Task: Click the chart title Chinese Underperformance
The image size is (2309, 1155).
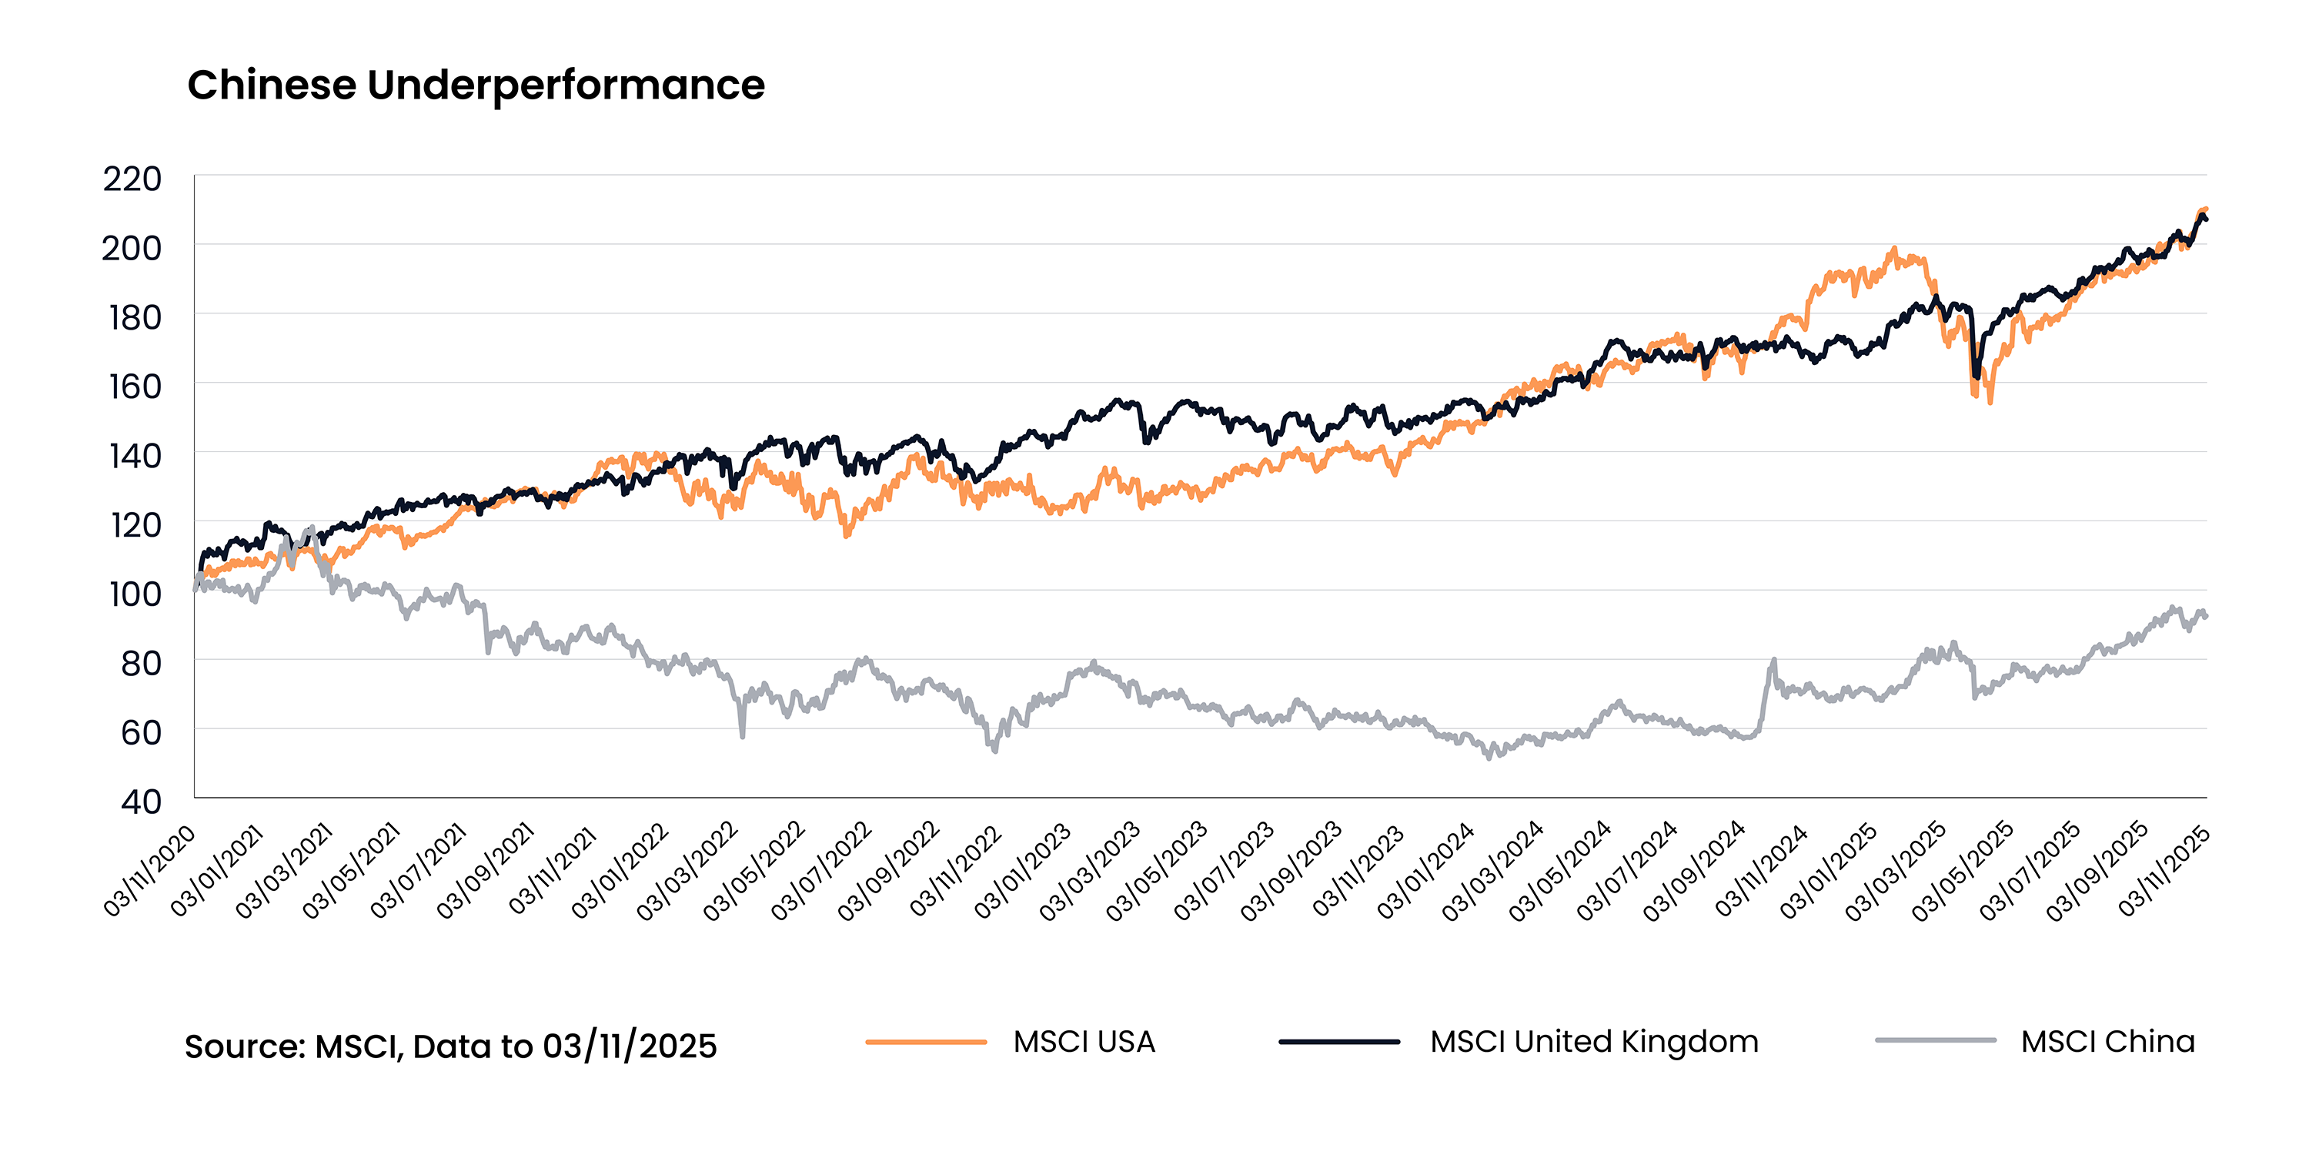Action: pyautogui.click(x=476, y=86)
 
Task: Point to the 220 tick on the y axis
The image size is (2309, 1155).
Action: pyautogui.click(x=132, y=179)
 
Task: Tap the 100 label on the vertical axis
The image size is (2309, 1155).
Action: pyautogui.click(x=135, y=594)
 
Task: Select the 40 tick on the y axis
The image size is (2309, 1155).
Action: pyautogui.click(x=141, y=801)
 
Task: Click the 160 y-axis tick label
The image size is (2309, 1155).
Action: pyautogui.click(x=135, y=387)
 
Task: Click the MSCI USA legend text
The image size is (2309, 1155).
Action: pyautogui.click(x=1084, y=1042)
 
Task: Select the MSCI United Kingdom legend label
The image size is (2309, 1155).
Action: pyautogui.click(x=1594, y=1042)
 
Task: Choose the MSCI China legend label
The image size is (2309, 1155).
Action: pyautogui.click(x=2107, y=1042)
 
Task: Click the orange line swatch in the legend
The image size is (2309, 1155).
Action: pyautogui.click(x=926, y=1042)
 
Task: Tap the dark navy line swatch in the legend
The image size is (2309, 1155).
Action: pyautogui.click(x=1339, y=1042)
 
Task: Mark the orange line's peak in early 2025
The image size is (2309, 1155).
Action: pyautogui.click(x=1894, y=249)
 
